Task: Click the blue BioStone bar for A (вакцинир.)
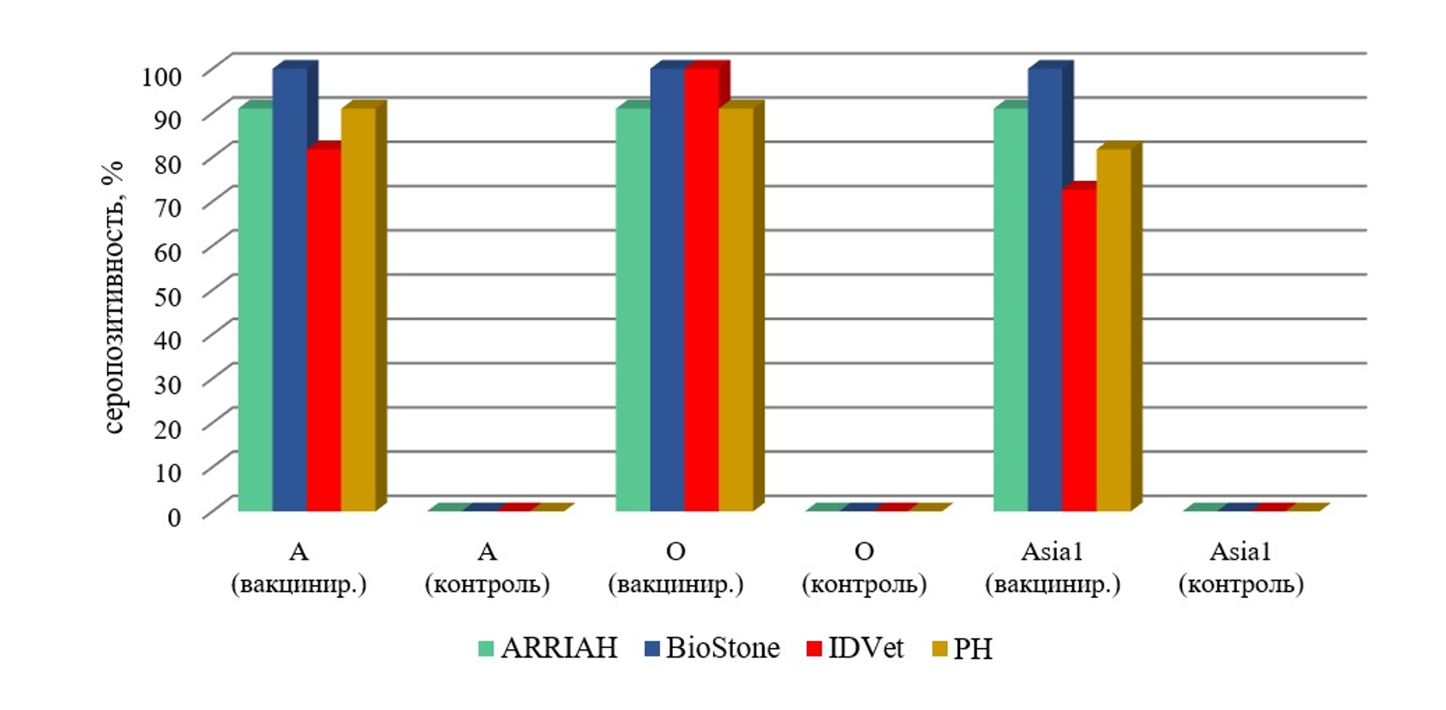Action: click(289, 289)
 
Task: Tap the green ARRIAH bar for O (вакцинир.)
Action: click(633, 310)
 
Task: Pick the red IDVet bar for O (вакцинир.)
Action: click(702, 289)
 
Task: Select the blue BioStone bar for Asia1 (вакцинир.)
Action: click(1045, 289)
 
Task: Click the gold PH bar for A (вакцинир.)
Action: click(358, 310)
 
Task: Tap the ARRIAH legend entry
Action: click(547, 648)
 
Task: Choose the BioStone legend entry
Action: click(712, 648)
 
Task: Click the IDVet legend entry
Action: click(856, 648)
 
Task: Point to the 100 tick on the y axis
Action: click(161, 76)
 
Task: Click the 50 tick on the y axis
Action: click(168, 296)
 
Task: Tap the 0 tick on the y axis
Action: click(174, 516)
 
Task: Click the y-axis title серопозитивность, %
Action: click(113, 297)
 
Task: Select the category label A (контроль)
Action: click(487, 567)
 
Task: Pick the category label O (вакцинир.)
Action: click(675, 567)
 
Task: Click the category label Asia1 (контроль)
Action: click(1240, 567)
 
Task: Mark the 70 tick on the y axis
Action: click(168, 207)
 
